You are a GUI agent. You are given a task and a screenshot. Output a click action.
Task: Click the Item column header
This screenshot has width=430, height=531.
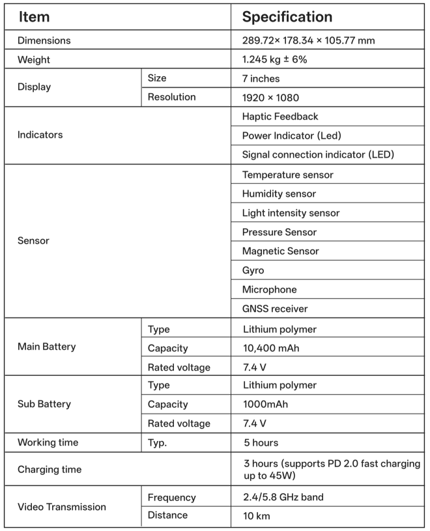pos(35,17)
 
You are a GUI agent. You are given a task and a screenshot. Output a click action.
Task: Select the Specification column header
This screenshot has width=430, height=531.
pos(287,17)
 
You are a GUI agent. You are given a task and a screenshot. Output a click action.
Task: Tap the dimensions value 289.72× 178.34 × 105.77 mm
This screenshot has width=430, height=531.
pos(308,40)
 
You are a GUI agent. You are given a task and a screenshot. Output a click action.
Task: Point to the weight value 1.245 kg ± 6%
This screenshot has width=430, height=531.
pos(274,59)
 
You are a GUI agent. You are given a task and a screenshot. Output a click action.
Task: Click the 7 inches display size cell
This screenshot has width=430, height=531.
pos(261,78)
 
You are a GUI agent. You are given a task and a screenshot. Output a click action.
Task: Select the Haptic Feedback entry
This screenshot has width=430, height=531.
pos(280,117)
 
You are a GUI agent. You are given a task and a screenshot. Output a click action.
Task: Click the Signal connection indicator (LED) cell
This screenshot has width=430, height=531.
pos(318,154)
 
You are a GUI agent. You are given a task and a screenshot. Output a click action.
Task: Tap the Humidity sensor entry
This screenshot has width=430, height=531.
pos(279,194)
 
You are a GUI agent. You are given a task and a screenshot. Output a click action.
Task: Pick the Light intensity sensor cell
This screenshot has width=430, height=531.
pos(291,213)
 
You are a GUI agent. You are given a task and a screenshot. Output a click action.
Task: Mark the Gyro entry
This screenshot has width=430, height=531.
pos(253,270)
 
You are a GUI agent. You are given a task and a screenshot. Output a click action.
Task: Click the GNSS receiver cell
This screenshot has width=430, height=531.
pos(275,308)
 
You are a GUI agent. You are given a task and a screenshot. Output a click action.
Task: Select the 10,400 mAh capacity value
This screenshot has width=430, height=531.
pos(270,348)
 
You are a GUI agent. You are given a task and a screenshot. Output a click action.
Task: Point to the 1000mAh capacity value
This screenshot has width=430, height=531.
pos(265,405)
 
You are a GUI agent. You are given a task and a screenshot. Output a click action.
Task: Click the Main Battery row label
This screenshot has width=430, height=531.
pos(46,347)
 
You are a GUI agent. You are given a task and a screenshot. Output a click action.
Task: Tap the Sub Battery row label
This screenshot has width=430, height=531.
pos(44,404)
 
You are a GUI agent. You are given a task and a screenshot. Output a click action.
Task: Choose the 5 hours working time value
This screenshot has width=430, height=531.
pos(261,443)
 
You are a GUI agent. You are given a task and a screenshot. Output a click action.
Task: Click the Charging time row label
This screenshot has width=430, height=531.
pos(49,469)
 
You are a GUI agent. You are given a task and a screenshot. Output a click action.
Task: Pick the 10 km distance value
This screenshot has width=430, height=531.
pos(256,515)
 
